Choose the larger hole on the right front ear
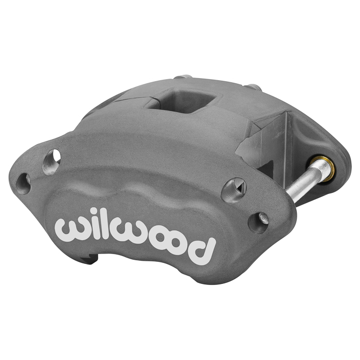pos(234,190)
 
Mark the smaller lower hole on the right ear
pos(258,222)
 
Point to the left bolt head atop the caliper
pos(182,78)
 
